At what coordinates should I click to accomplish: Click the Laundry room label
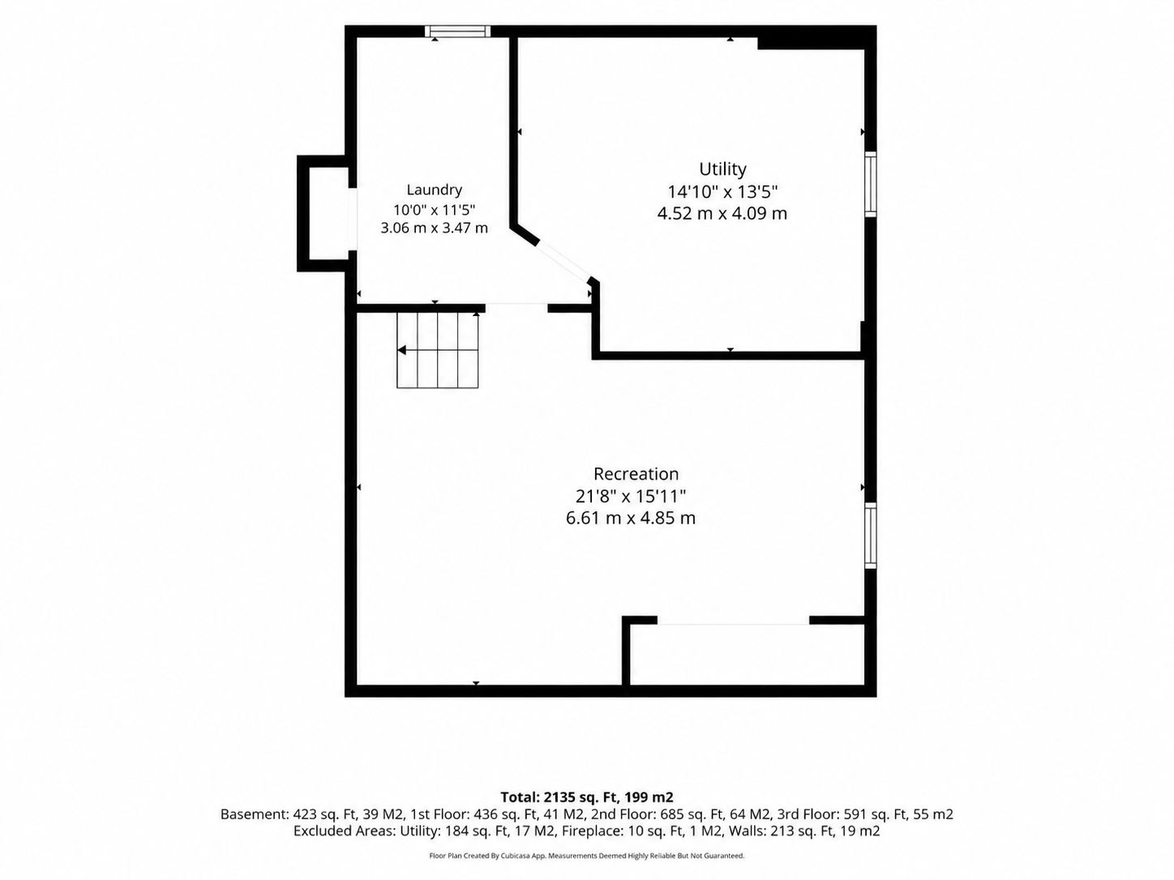[x=434, y=190]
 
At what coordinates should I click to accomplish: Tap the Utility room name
[x=722, y=169]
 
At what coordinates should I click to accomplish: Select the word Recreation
[x=636, y=474]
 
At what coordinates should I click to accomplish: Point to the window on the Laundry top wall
[x=457, y=31]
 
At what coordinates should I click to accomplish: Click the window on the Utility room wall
[x=871, y=184]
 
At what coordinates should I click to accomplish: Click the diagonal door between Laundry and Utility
[x=563, y=262]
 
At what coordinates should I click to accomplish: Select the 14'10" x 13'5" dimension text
[x=722, y=191]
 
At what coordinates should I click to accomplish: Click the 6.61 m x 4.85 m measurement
[x=631, y=519]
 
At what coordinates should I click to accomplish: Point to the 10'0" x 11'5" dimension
[x=434, y=209]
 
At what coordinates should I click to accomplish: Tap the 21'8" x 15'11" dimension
[x=631, y=497]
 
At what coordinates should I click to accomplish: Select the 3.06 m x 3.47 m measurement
[x=434, y=229]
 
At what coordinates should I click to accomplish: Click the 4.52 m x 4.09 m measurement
[x=722, y=214]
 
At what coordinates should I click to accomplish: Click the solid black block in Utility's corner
[x=816, y=37]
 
